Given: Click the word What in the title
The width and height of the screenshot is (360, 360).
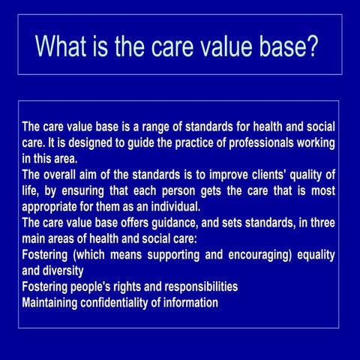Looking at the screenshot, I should pos(62,46).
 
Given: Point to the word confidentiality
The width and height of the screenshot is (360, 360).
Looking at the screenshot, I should pos(122,303).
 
